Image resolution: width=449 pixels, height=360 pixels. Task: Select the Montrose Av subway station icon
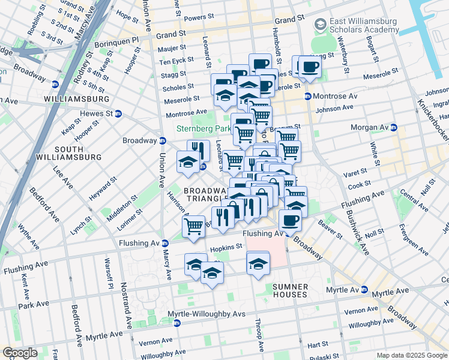(x=307, y=96)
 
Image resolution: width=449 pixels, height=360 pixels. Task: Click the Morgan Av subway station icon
(x=394, y=127)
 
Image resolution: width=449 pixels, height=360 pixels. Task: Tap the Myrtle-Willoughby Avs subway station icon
(x=177, y=323)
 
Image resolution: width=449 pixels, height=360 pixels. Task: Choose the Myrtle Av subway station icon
(x=364, y=290)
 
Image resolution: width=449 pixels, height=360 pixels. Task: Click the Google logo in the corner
(x=19, y=353)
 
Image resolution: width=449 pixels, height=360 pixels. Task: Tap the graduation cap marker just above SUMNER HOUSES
(x=258, y=264)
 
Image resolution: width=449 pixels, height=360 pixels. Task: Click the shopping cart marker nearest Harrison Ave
(x=193, y=227)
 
